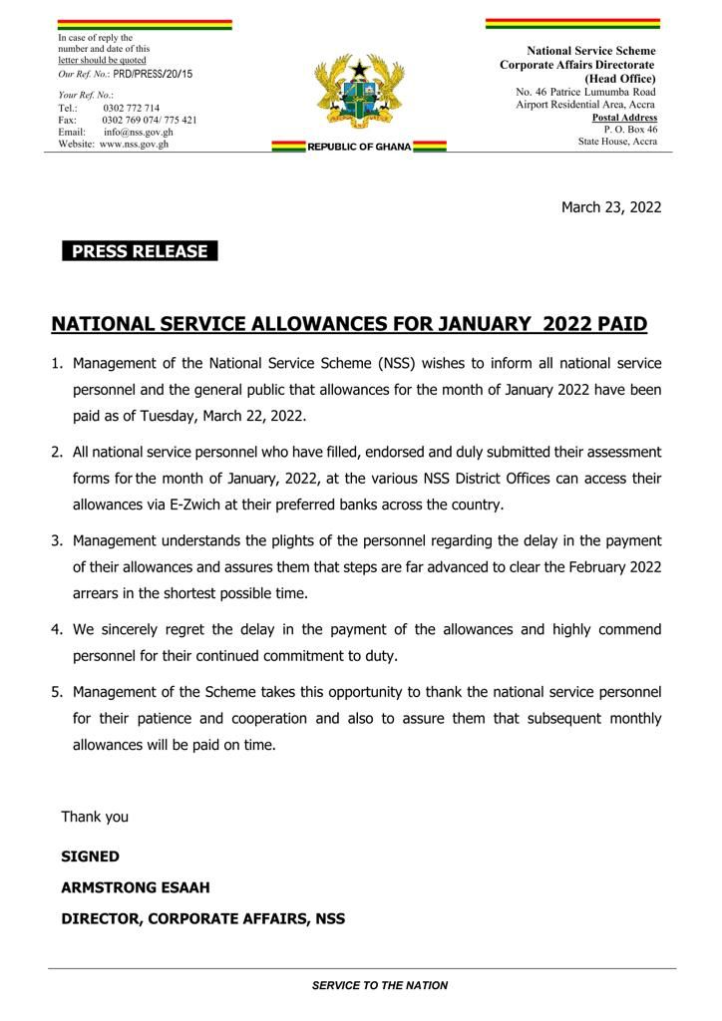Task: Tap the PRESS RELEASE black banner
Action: click(x=140, y=251)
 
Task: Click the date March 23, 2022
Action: click(x=611, y=207)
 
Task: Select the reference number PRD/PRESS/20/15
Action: click(x=153, y=75)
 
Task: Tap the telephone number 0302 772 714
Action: click(x=131, y=108)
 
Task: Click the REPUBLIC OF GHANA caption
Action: click(x=359, y=147)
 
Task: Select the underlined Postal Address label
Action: click(x=624, y=118)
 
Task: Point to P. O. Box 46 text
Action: click(x=630, y=129)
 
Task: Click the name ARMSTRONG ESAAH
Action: click(x=136, y=887)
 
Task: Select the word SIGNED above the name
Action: click(x=90, y=856)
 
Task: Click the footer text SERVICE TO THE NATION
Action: click(x=380, y=985)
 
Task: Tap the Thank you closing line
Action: click(x=95, y=817)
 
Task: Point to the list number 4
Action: click(x=57, y=630)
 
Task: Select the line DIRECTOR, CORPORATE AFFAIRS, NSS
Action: click(x=202, y=918)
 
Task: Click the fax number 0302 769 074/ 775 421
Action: click(x=149, y=120)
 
